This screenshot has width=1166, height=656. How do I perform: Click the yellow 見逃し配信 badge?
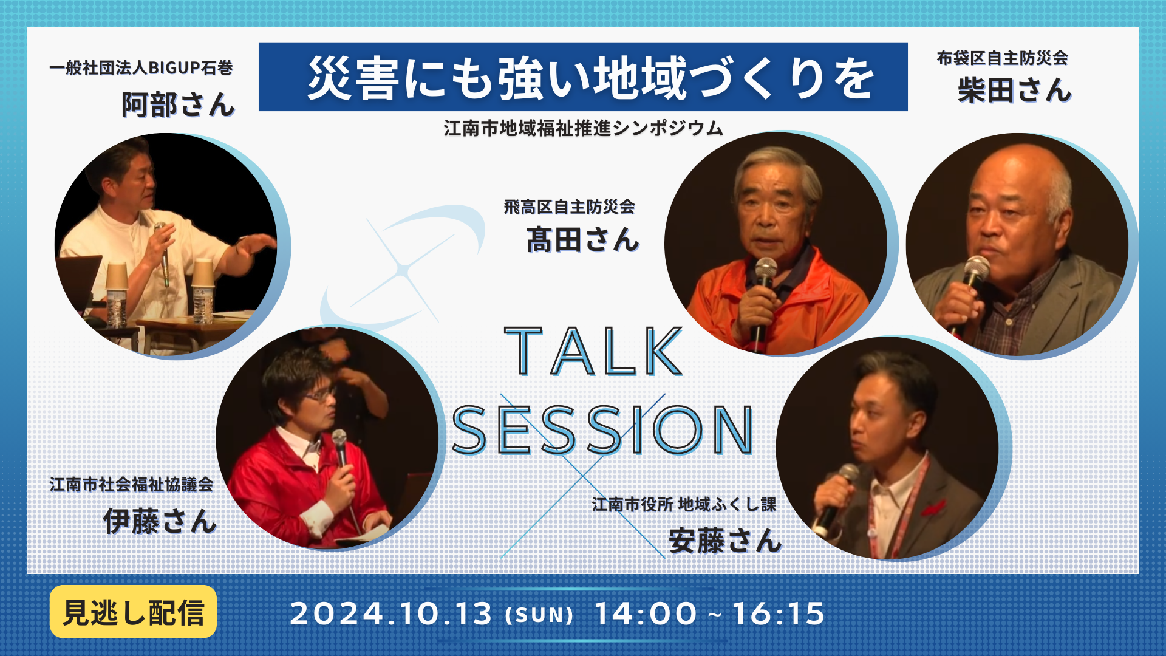tap(133, 612)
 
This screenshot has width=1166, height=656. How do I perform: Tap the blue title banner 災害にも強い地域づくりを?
tap(583, 77)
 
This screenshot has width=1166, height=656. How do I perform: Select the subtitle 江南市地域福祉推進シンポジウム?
tap(583, 128)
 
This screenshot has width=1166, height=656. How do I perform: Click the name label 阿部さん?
tap(178, 104)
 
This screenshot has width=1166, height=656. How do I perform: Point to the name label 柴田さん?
tap(1014, 90)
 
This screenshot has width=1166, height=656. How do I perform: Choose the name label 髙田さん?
tap(582, 239)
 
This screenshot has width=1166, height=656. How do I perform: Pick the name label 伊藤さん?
tap(160, 521)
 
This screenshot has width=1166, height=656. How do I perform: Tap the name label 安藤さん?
tap(725, 541)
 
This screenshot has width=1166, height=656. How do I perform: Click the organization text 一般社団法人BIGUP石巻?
tap(141, 67)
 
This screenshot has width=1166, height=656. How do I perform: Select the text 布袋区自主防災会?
tap(1002, 58)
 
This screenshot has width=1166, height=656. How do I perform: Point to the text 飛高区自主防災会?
tap(569, 207)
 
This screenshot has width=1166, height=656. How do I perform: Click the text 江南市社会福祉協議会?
tap(131, 484)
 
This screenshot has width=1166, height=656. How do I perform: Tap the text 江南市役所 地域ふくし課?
tap(684, 504)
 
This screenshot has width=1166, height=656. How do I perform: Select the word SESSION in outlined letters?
tap(603, 430)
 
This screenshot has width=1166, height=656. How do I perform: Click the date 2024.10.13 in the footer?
tap(390, 613)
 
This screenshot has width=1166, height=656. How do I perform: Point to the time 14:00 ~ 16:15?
tap(709, 613)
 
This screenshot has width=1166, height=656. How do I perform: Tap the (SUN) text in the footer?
tap(539, 615)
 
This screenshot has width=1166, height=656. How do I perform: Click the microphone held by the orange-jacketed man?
tap(762, 301)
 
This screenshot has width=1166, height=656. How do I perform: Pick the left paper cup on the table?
tap(116, 276)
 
